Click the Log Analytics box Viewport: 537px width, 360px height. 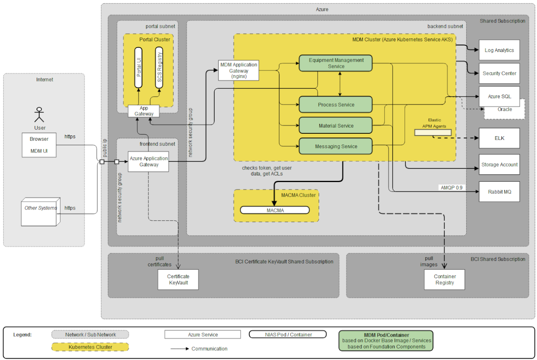click(499, 50)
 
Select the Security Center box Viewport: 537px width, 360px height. click(499, 74)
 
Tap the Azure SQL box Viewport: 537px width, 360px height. click(499, 97)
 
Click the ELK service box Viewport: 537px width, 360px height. click(499, 138)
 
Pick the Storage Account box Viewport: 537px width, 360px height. click(499, 164)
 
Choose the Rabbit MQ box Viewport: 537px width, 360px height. click(499, 191)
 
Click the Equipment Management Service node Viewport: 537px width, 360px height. click(335, 63)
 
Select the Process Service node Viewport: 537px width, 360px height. click(335, 105)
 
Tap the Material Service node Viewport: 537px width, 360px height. click(335, 126)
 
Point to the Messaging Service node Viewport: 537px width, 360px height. click(335, 146)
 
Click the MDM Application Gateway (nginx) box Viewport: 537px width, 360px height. click(239, 70)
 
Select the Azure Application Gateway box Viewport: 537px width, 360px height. click(148, 162)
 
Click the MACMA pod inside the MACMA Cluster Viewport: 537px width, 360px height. click(274, 210)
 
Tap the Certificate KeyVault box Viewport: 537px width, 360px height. click(178, 279)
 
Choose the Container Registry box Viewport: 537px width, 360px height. click(444, 279)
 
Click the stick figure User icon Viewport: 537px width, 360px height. click(39, 115)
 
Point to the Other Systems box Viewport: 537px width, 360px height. click(40, 211)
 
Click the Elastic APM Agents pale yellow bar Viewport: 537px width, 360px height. click(433, 133)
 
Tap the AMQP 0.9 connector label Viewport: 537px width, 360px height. click(451, 188)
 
